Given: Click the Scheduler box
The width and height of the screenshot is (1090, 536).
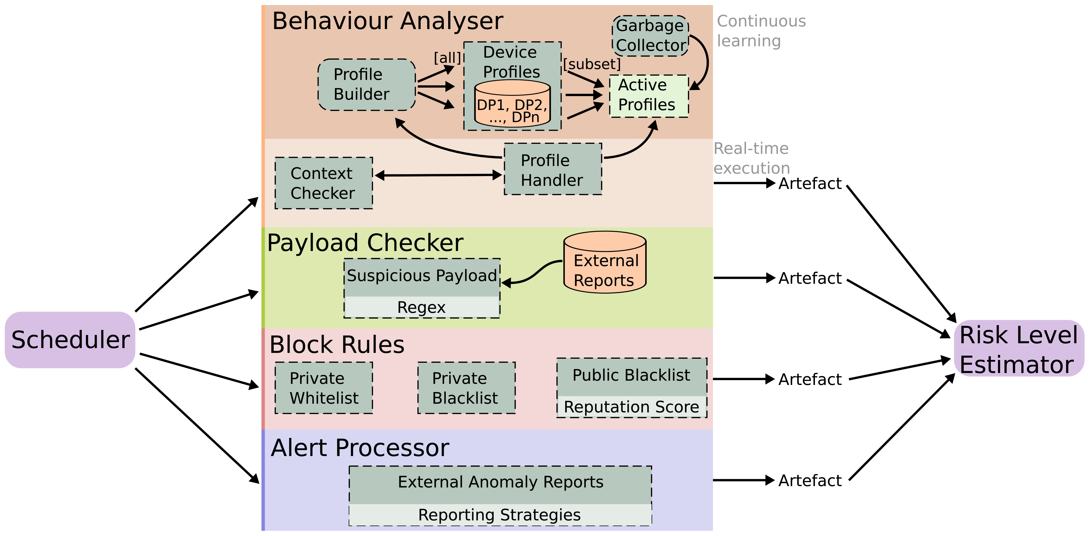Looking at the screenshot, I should (70, 339).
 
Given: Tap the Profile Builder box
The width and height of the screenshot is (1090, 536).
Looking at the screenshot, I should (367, 85).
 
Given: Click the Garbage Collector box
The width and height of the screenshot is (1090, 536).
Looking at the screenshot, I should (650, 36).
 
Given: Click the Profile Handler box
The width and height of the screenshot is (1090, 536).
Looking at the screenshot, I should (553, 169).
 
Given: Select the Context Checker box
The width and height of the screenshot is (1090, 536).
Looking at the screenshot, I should (324, 183).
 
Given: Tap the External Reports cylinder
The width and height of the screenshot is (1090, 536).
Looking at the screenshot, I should (605, 267).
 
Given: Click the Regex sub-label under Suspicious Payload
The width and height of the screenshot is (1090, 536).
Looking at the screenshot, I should (421, 307).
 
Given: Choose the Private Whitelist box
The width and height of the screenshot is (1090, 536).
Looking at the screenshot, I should (324, 388).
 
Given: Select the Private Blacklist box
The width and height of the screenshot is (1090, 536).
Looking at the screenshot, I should (466, 388).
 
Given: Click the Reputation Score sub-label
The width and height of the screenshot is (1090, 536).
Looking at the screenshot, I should (631, 407).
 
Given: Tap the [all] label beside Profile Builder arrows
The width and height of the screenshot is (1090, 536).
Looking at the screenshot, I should (447, 58).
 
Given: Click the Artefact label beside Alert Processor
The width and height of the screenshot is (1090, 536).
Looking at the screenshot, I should (810, 481).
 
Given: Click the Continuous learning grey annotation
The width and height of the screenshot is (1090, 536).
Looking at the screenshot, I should (761, 30).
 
